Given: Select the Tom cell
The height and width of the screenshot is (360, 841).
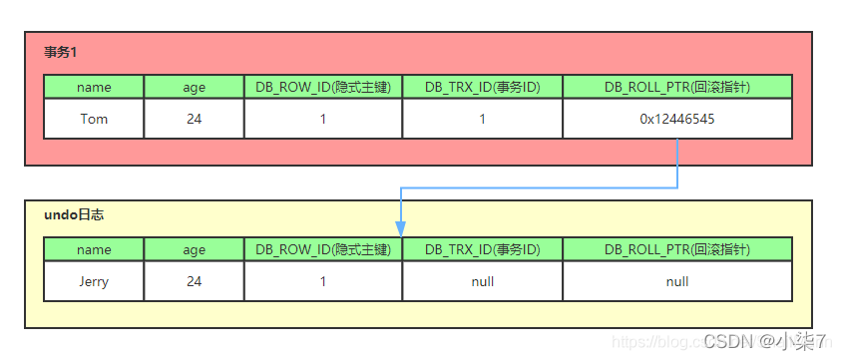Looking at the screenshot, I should click(x=94, y=119).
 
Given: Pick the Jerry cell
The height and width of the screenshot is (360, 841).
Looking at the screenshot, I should click(x=94, y=281).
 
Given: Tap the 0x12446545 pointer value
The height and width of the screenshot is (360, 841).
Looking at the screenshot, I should click(x=677, y=119).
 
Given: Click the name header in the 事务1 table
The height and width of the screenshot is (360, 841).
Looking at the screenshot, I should click(x=94, y=87).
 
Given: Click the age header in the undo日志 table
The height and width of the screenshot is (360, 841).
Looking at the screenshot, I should click(x=194, y=249).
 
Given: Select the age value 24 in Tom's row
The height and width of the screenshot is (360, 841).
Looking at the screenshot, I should click(x=194, y=119).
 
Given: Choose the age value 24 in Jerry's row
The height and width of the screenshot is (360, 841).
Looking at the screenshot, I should click(x=194, y=281).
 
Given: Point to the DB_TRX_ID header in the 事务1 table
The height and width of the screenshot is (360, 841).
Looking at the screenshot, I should click(x=482, y=87).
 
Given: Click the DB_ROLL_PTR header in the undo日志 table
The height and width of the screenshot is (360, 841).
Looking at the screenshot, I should click(x=677, y=249).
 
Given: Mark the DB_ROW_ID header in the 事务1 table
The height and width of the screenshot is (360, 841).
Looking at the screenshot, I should click(x=323, y=87).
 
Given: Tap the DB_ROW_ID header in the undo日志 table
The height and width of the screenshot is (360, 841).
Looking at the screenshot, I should click(x=323, y=249).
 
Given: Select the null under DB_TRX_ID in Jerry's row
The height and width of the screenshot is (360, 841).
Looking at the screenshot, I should click(x=482, y=281).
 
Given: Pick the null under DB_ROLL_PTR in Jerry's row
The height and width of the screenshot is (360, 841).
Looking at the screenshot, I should click(x=677, y=281).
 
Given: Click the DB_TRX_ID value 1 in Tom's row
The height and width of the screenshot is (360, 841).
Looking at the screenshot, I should click(x=482, y=119).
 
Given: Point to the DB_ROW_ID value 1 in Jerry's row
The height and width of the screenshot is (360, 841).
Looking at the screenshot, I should click(x=323, y=281).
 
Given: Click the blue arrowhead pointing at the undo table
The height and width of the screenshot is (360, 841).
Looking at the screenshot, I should click(x=401, y=228).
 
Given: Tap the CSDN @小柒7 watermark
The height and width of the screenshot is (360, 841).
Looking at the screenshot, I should click(x=764, y=342).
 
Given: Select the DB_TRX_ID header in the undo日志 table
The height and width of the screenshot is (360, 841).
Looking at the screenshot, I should click(x=482, y=249).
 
